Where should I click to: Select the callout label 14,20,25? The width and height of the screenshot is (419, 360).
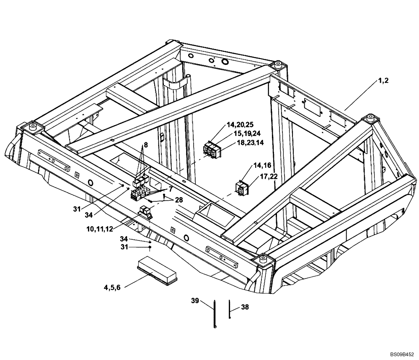[x=240, y=125]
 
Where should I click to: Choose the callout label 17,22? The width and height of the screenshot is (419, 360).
[x=268, y=176]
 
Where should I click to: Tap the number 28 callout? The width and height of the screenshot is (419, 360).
[x=179, y=200]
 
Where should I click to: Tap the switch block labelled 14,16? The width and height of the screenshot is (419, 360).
[x=242, y=188]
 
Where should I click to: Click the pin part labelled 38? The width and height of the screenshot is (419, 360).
[x=230, y=309]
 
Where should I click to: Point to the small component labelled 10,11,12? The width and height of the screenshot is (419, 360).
[x=146, y=212]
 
